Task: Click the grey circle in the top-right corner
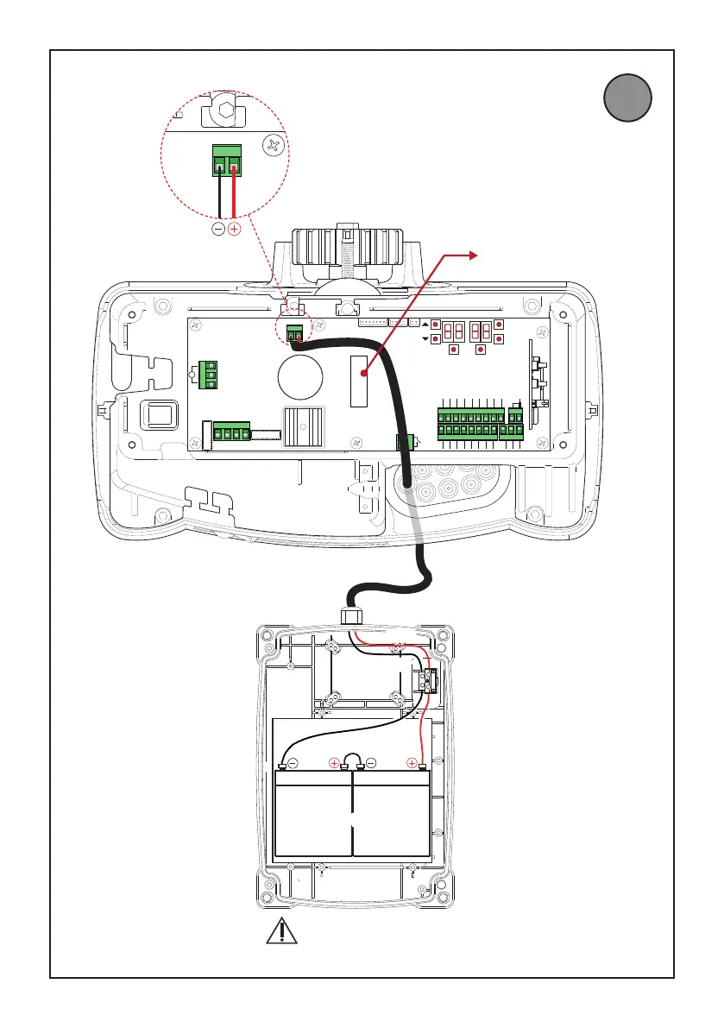[627, 98]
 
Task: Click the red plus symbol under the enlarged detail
[234, 230]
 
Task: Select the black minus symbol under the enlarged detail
[218, 230]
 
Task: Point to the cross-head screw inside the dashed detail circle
[274, 146]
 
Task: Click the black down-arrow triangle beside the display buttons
[426, 339]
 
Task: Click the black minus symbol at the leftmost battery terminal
[293, 763]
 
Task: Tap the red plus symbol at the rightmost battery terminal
[412, 762]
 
